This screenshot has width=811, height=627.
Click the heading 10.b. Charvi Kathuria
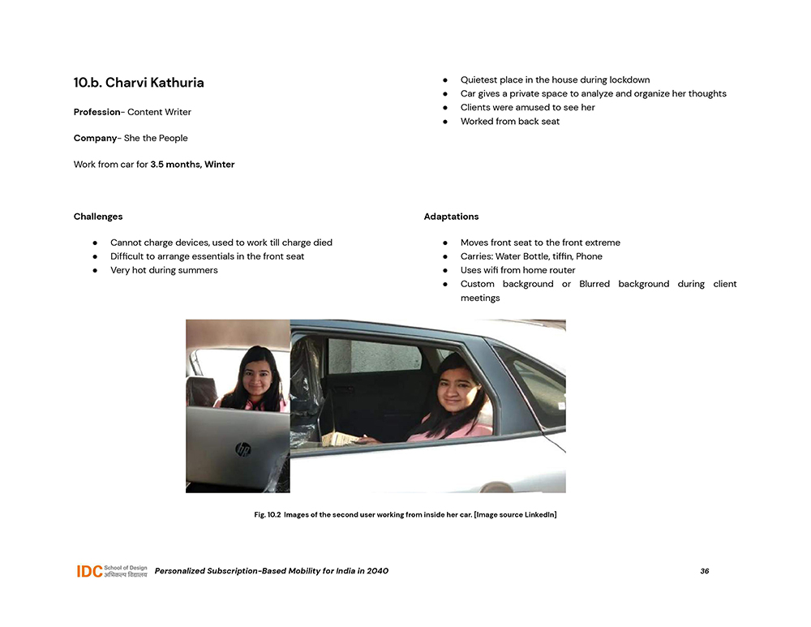[x=139, y=83]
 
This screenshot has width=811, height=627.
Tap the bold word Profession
[x=97, y=112]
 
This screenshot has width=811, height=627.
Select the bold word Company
[x=95, y=138]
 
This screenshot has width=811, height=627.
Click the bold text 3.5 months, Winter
[x=192, y=165]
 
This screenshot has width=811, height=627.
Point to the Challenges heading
[x=98, y=217]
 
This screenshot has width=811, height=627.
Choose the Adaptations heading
[x=451, y=217]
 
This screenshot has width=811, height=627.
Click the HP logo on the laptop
[x=242, y=449]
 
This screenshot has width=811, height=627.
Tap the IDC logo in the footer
[x=89, y=571]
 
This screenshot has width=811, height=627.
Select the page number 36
[x=704, y=571]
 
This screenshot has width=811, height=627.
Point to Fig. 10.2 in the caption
[x=267, y=515]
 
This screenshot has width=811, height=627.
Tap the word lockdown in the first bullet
[x=629, y=80]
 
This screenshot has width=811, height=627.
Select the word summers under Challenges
[x=196, y=270]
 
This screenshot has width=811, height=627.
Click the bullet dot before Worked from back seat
[x=445, y=122]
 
